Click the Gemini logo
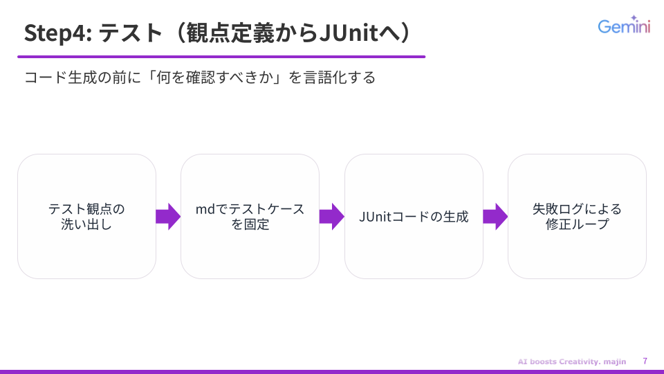coord(624,26)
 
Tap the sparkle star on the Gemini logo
coord(634,19)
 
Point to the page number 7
coord(645,361)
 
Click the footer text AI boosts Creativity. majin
coord(571,362)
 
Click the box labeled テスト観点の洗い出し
coord(86,216)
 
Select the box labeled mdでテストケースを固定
coord(250,216)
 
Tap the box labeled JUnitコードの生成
coord(414,216)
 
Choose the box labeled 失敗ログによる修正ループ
coord(577,216)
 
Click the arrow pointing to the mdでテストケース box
coord(168,216)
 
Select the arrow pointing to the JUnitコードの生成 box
coord(332,216)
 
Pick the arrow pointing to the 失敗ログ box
coord(495,216)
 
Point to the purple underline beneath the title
coord(221,56)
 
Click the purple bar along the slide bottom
coord(332,371)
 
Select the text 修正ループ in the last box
coord(577,224)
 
